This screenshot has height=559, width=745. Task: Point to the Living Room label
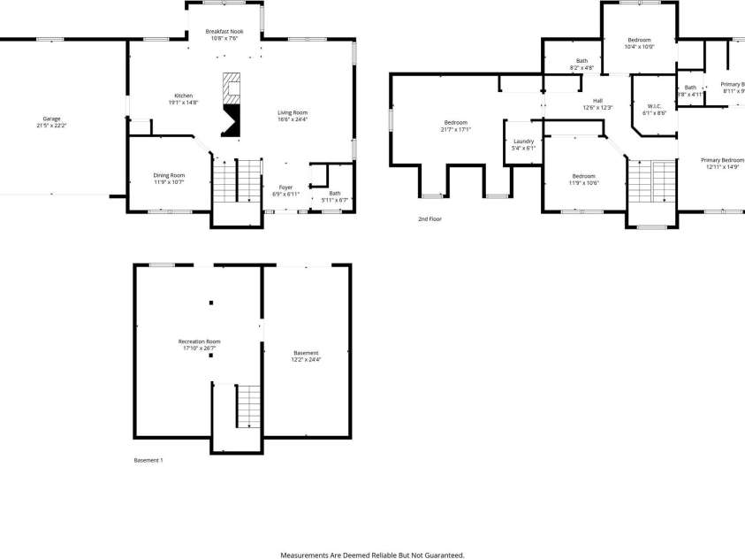[x=293, y=116]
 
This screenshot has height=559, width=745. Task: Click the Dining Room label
[x=169, y=179]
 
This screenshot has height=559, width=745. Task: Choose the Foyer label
[x=285, y=190]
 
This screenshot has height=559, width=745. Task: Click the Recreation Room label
[x=199, y=345]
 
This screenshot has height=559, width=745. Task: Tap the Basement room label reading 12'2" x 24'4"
[x=306, y=356]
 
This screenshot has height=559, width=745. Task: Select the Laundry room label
[x=523, y=144]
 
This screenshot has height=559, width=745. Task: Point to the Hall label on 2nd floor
[x=597, y=103]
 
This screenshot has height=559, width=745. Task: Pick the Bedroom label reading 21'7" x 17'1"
[x=456, y=126]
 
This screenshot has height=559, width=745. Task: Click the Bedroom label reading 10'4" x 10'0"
[x=639, y=43]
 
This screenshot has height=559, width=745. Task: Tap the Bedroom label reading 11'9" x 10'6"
[x=583, y=179]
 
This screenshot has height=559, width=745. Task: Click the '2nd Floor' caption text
[x=430, y=218]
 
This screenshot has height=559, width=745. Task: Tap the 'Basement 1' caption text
[x=148, y=460]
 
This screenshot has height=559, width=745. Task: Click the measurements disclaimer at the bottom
[x=372, y=555]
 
